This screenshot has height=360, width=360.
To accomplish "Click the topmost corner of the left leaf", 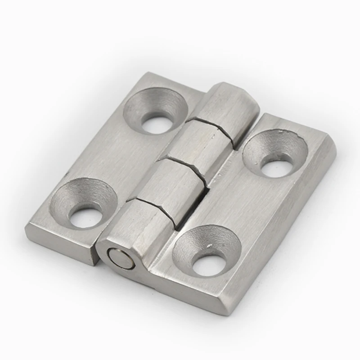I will coord(148,72).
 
